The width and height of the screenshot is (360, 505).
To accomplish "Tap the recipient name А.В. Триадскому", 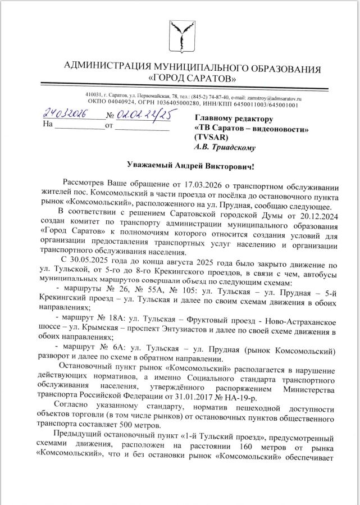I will (x=225, y=148).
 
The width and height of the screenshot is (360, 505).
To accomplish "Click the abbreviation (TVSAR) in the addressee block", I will (x=211, y=138).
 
